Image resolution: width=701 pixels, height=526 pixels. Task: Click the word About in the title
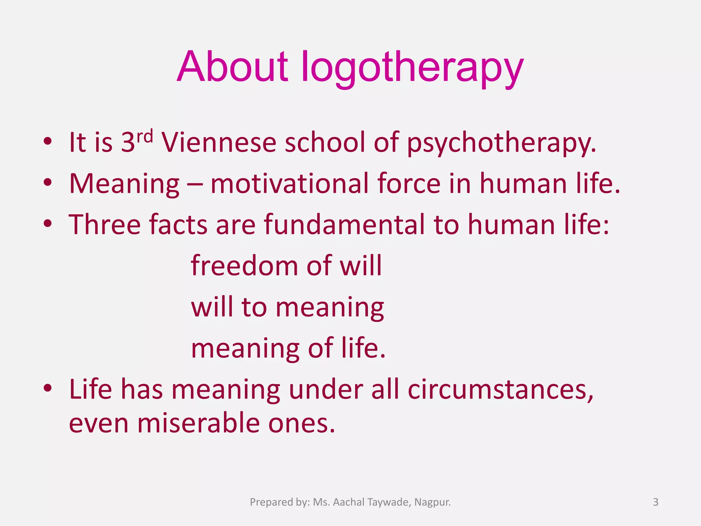(233, 67)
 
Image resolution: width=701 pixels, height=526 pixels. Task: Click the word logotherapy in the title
(412, 68)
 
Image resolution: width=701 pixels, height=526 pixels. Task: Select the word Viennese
(219, 142)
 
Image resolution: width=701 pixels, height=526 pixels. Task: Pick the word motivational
(290, 184)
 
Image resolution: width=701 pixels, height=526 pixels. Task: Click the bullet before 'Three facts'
(48, 224)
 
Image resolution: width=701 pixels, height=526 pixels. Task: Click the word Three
(105, 225)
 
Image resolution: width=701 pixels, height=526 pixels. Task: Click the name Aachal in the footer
(348, 502)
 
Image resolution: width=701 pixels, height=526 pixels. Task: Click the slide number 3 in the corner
(655, 502)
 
